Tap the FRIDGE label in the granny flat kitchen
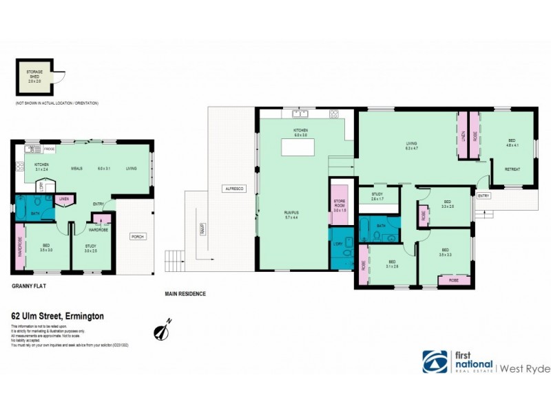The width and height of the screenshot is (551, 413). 49,149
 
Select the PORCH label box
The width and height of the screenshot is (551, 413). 138,237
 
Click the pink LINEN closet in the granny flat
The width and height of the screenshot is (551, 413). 64,200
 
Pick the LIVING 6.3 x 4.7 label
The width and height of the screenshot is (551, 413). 413,146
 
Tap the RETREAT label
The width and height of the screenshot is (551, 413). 512,169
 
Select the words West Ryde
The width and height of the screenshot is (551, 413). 526,369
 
